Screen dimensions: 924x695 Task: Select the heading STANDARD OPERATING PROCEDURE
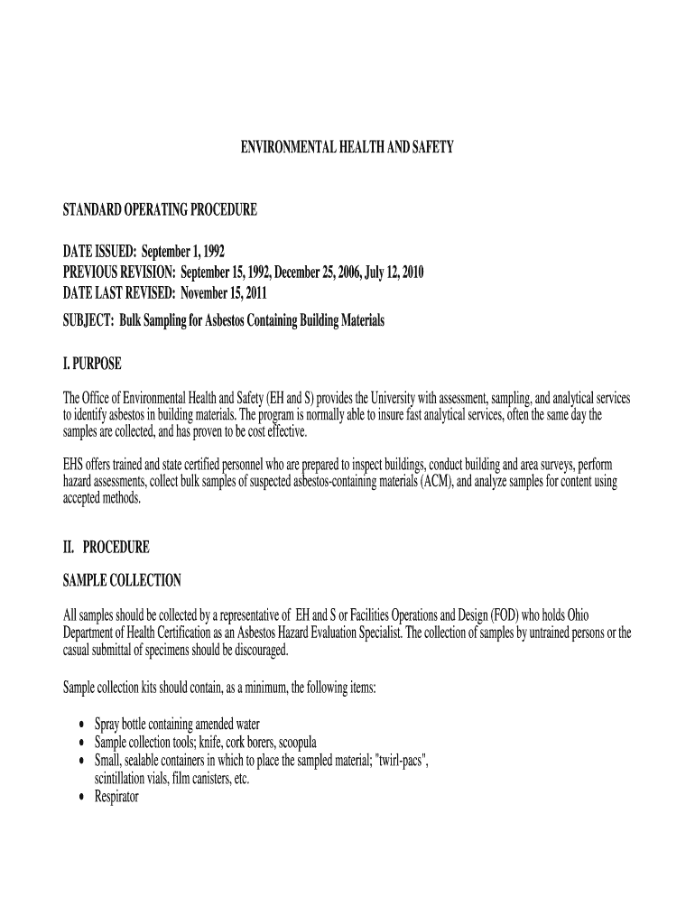pyautogui.click(x=160, y=210)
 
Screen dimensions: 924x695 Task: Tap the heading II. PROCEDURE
pyautogui.click(x=106, y=547)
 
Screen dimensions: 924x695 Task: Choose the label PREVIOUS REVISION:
pyautogui.click(x=119, y=273)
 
